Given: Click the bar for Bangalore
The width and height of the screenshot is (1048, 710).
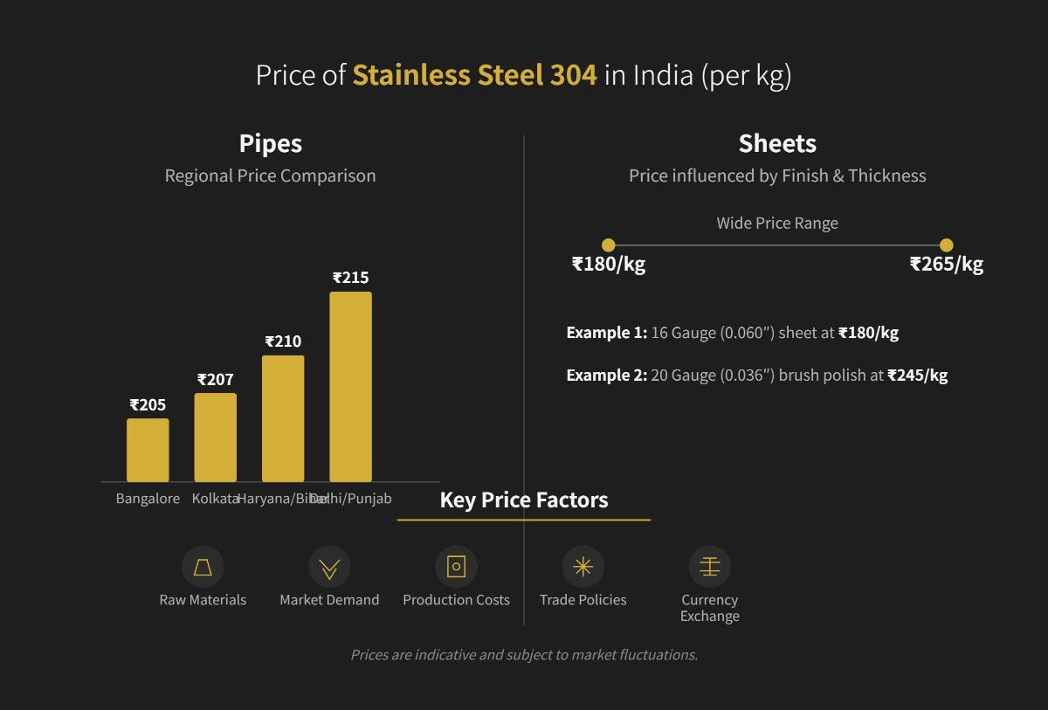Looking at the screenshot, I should point(148,450).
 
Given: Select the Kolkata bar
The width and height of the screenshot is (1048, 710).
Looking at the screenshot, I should point(215,437).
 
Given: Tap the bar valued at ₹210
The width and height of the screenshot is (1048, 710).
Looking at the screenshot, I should point(283,417).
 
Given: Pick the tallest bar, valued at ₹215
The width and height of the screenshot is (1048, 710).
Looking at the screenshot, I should point(350,386).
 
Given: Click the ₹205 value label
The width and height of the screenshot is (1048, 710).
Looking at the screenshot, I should point(148,405).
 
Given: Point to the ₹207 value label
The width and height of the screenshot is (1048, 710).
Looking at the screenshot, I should point(215,380).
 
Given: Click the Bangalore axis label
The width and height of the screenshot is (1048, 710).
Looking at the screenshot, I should point(148,499).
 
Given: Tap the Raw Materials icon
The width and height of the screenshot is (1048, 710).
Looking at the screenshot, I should point(203,567).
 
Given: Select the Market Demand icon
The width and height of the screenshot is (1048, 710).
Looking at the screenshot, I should point(329,567).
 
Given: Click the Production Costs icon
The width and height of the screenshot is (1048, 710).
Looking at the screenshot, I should point(456,567).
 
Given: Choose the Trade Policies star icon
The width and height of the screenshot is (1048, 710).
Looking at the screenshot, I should point(583,567).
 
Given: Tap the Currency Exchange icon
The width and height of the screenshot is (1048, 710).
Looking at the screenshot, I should point(709,567).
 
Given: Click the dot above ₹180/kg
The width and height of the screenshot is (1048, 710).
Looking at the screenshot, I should point(609,245).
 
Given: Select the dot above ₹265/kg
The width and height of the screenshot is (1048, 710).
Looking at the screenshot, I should point(946,245).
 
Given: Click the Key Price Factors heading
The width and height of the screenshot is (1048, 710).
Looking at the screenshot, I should point(524,500).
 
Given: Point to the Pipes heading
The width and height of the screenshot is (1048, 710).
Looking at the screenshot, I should point(271,143).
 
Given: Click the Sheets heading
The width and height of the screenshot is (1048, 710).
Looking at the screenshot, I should point(777,143).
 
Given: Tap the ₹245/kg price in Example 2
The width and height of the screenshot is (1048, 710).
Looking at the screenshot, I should point(917,375).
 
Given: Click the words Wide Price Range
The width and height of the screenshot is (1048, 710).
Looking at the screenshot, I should point(777,223).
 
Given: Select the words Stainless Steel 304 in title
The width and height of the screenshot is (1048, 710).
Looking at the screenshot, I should point(474,75).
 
